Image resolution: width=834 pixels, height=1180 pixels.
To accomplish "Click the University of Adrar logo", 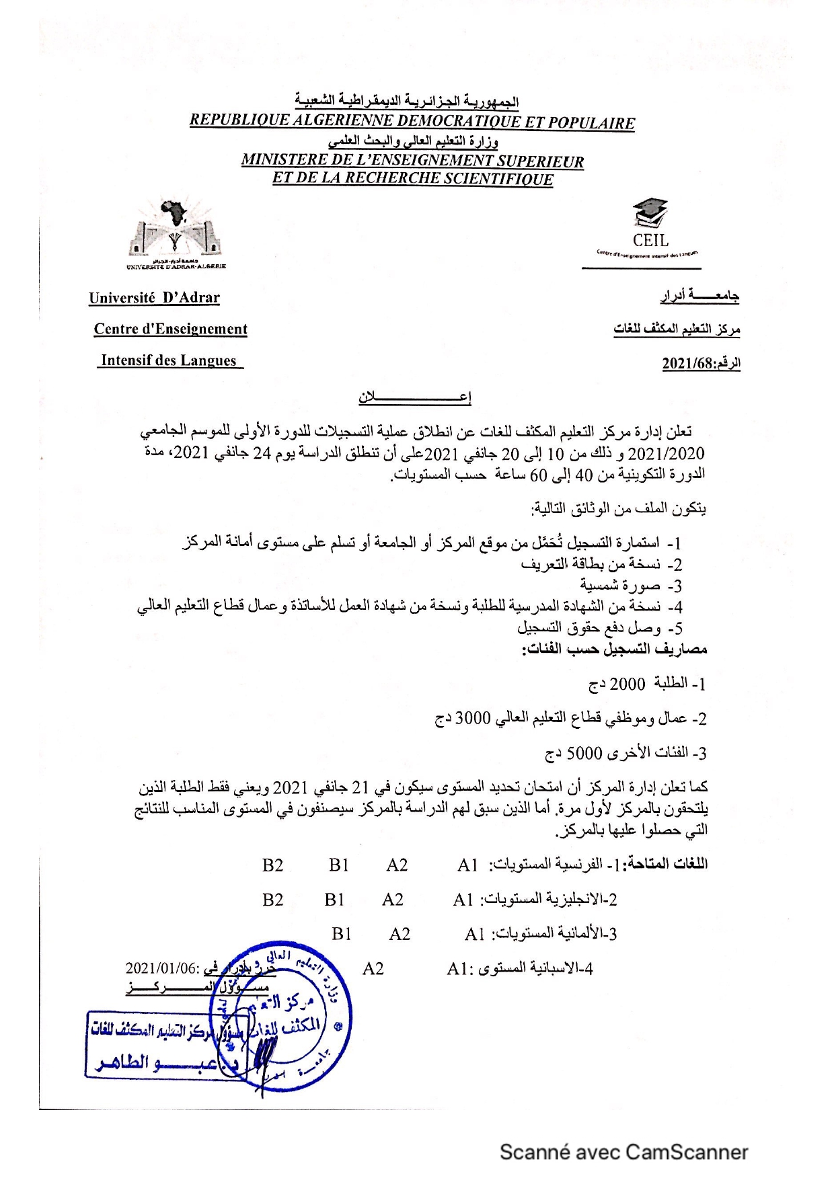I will pos(176,231).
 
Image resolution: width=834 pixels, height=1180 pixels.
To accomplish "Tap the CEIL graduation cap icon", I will pos(650,212).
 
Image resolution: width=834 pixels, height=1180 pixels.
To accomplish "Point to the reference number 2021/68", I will pos(687,364).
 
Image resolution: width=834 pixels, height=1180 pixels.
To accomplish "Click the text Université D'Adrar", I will pos(154,298).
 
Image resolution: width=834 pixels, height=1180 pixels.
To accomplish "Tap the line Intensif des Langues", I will pos(169,361).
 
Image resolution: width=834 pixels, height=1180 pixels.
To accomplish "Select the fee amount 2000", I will pos(627,684).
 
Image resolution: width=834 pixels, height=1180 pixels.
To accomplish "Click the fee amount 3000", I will pos(473,718).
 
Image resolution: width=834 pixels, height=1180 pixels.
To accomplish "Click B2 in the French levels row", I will pos(272,865).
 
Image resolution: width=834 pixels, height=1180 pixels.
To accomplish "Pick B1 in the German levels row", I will pos(342,934).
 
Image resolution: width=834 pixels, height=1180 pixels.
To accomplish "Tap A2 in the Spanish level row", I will pos(373,969).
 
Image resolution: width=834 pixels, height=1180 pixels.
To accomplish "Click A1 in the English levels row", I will pos(463,900).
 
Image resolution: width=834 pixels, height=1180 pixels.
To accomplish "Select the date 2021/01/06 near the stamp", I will pos(162,969).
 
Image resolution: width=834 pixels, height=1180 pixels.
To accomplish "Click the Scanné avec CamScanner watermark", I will pos(623,1152).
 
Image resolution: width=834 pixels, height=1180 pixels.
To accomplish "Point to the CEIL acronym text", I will pos(650,240).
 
